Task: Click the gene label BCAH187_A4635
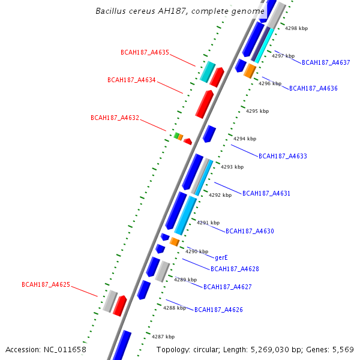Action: coord(145,52)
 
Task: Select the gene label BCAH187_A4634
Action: coord(131,80)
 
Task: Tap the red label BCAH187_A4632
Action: coord(115,118)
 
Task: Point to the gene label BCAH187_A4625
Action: coord(46,284)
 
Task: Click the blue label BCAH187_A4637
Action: coord(326,62)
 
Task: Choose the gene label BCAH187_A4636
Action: coord(313,88)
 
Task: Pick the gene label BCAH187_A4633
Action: coord(283,156)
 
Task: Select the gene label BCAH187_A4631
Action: coord(266,193)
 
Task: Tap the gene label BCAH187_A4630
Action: coord(250,231)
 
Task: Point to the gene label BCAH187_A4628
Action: coord(235,269)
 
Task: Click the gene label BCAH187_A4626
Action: coord(218,310)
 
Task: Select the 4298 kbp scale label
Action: coord(296,28)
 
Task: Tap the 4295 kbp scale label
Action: coord(257,111)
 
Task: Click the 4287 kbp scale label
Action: coord(163,337)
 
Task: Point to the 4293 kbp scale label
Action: coord(232,167)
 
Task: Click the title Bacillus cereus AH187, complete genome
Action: coord(180,11)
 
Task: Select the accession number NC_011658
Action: coord(46,349)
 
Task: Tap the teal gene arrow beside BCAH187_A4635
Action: coord(208,71)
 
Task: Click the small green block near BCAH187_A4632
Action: coord(176,136)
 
